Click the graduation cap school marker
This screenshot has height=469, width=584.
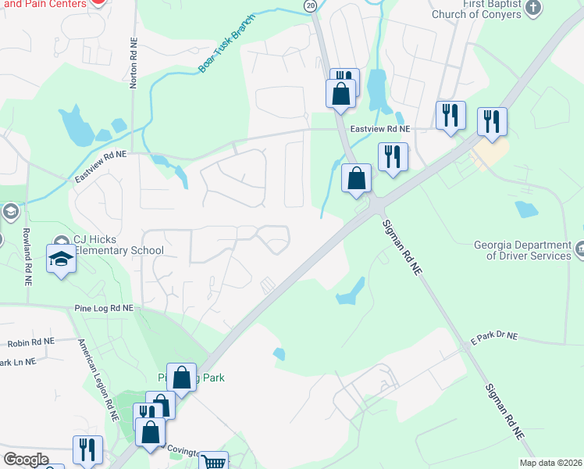61,258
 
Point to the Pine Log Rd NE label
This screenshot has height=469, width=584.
105,309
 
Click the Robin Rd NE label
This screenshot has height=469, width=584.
31,342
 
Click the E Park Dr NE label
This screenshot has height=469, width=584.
493,335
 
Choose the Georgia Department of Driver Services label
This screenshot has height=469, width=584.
523,250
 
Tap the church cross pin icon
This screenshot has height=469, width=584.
533,9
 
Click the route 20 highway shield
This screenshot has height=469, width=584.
311,5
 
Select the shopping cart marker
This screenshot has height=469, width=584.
213,462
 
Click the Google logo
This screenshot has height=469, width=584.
26,460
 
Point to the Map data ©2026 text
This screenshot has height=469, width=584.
550,463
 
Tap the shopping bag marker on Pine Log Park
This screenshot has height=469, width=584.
182,378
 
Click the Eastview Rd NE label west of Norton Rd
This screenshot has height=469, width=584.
100,166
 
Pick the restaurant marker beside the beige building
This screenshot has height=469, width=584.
492,121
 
